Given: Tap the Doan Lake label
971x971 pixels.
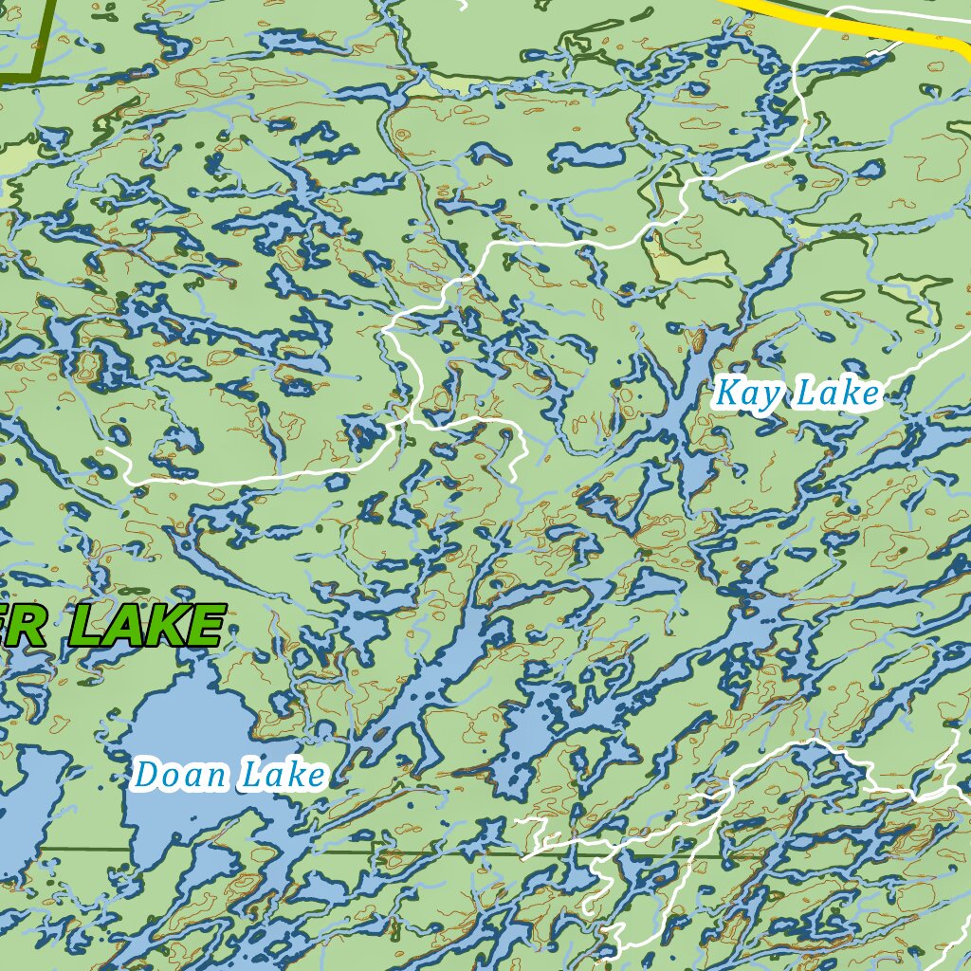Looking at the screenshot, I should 229,775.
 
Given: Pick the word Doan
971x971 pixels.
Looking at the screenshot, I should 181,775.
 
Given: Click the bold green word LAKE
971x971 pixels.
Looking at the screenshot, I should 147,626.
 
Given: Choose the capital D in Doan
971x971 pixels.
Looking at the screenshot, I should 147,775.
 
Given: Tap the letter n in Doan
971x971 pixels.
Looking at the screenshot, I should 218,777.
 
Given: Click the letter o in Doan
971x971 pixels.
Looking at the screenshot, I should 173,777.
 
